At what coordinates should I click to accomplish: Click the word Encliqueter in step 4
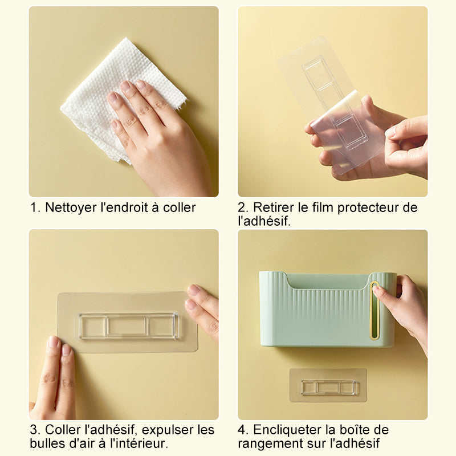coord(287,430)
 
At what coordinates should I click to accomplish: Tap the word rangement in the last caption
coord(271,444)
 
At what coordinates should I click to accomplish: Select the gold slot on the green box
coord(374,311)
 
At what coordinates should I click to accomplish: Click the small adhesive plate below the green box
coord(328,385)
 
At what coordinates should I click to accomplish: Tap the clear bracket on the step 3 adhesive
coord(129,325)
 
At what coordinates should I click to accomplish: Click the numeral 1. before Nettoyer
coord(35,207)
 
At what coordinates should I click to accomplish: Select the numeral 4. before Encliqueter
coord(243,430)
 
